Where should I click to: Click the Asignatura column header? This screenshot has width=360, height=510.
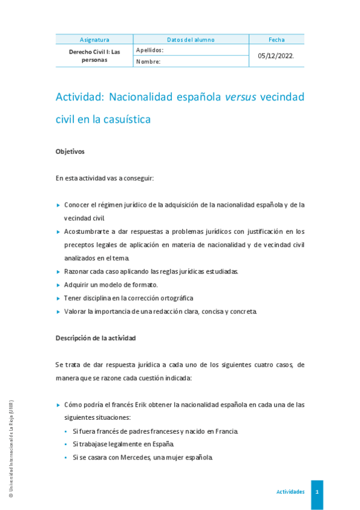coord(94,40)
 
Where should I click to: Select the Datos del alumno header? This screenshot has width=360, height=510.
coord(191,40)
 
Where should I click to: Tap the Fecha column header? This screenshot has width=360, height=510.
coord(276,40)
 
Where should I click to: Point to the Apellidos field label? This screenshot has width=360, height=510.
coord(150,51)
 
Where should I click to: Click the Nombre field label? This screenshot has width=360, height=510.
coord(148,61)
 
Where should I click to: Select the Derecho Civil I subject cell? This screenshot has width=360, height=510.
coord(94,56)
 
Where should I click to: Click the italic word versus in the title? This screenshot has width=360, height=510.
coord(240,97)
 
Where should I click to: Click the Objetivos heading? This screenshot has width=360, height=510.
coord(70,152)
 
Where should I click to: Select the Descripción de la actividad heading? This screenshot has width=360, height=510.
coord(96,338)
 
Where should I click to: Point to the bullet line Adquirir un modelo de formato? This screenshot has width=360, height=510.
coord(111,284)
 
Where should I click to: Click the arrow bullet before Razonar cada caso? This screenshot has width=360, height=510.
coord(58,271)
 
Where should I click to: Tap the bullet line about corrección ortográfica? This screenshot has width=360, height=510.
coord(129,298)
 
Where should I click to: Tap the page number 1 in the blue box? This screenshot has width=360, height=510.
coord(317,492)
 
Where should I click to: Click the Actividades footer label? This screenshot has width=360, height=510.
coord(290,492)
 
